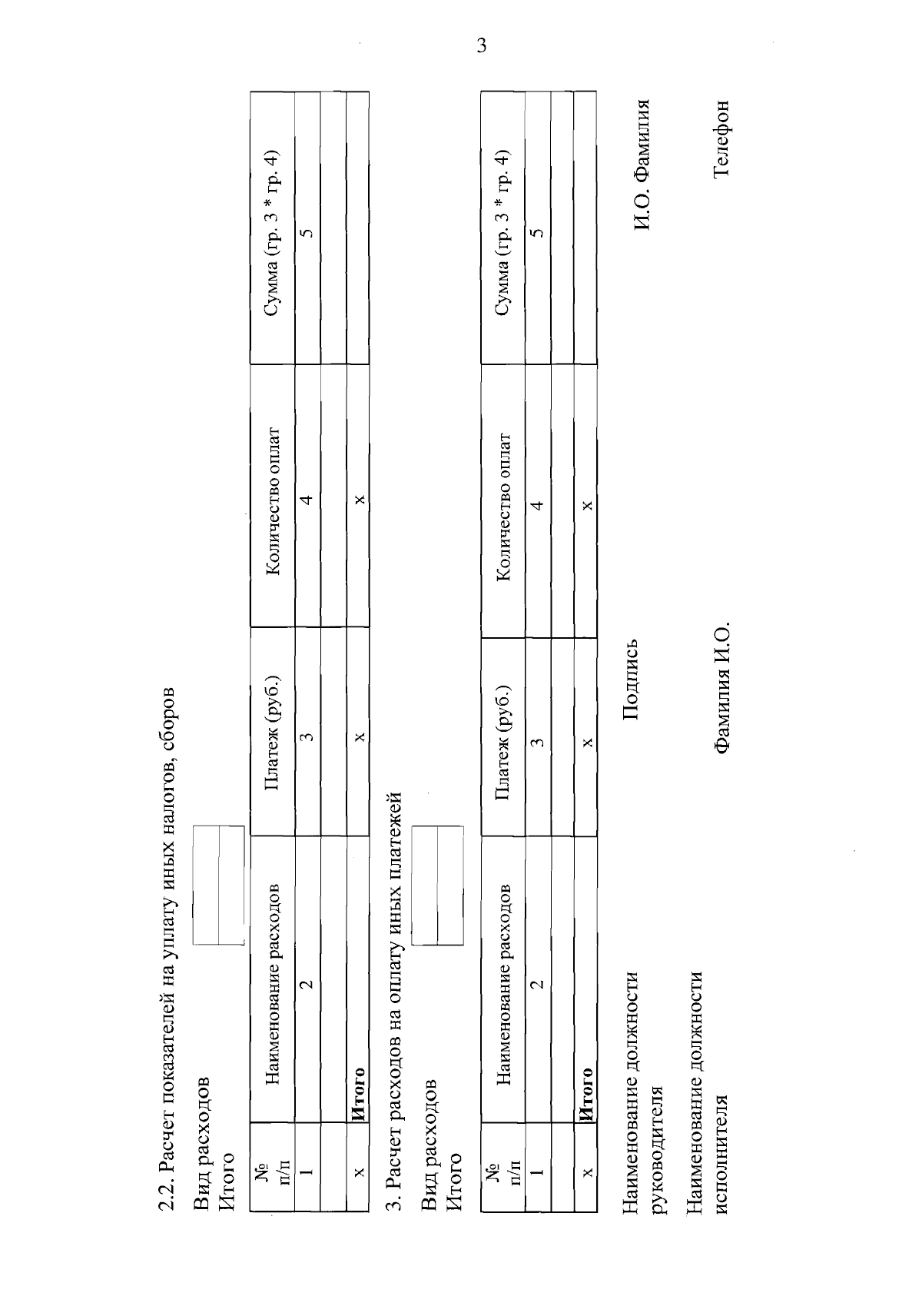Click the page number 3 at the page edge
coord(481,45)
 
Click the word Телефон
coord(721,139)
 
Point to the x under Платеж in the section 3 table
coord(588,743)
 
